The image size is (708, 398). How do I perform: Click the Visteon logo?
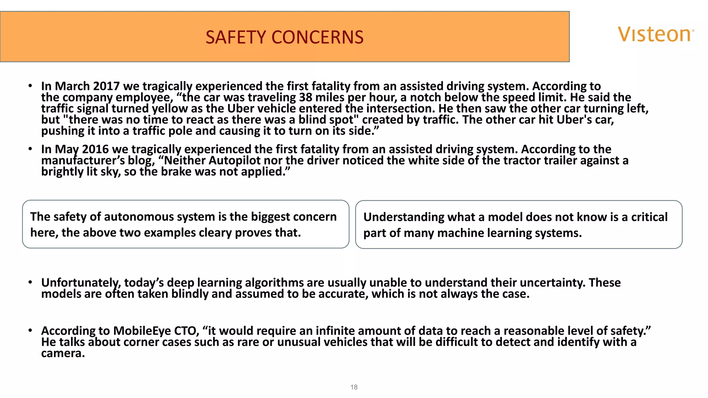(655, 35)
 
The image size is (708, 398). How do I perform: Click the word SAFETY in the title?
(235, 37)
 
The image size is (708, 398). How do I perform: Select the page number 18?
(354, 387)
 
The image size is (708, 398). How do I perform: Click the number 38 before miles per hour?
(306, 97)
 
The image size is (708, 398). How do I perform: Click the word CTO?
(186, 331)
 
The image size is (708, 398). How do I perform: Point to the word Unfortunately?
(81, 283)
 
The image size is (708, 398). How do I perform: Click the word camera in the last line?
(63, 353)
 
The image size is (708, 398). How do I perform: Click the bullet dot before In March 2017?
(30, 85)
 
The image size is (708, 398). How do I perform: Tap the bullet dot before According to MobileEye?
(30, 330)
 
